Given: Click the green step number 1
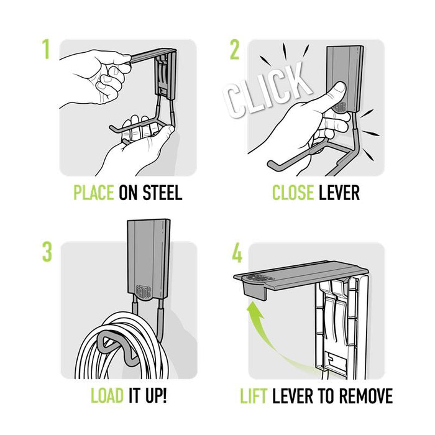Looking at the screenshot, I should click(x=45, y=50).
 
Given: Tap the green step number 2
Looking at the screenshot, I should click(x=234, y=50).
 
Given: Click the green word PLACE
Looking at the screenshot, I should click(x=93, y=193).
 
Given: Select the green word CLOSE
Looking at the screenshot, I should click(x=293, y=193).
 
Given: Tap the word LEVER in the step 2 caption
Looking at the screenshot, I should click(x=339, y=193).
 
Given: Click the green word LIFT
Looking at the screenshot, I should click(x=255, y=396).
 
